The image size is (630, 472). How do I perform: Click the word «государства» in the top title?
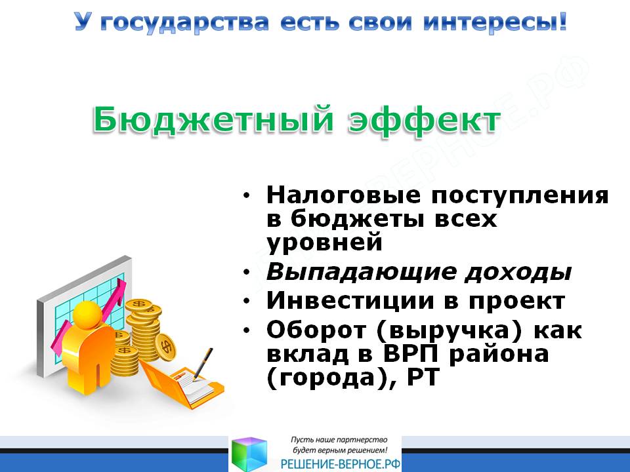tap(183, 23)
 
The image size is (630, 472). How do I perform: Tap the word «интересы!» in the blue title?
tap(495, 22)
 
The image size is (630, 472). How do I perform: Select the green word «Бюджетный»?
tap(213, 119)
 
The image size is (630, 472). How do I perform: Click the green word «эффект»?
tap(424, 121)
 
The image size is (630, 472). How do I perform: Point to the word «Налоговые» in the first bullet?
tap(343, 195)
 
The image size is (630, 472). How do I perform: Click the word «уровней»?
tap(324, 243)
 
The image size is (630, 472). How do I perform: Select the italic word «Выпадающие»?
tap(361, 273)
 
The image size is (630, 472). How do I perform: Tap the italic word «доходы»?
tap(518, 273)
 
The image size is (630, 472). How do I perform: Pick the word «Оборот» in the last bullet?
tap(316, 330)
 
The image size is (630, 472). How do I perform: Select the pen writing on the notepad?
tap(203, 364)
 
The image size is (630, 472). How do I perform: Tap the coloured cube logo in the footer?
tap(249, 454)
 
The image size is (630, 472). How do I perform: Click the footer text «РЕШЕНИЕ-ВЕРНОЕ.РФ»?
tap(341, 464)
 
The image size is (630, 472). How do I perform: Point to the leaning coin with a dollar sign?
tap(165, 345)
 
